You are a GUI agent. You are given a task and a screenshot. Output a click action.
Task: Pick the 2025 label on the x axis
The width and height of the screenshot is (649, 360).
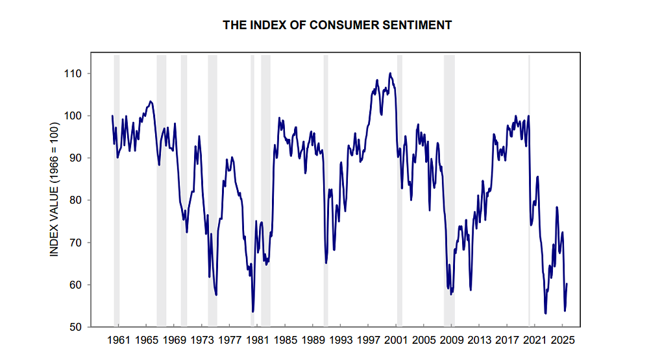tap(562, 339)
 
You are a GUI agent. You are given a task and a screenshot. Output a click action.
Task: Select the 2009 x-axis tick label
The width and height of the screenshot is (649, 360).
tap(451, 339)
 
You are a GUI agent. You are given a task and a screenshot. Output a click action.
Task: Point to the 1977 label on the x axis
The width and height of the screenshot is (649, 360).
tap(230, 339)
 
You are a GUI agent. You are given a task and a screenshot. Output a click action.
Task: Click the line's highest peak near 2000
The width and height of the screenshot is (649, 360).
tap(390, 73)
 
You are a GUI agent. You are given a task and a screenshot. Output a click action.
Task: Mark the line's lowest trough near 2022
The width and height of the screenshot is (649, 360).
tap(545, 313)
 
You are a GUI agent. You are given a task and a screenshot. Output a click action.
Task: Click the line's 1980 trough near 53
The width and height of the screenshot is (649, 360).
tap(252, 312)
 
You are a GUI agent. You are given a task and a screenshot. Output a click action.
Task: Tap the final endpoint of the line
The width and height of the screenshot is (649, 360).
tap(567, 283)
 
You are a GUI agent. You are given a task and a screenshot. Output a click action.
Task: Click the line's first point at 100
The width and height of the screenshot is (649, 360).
tap(112, 116)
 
